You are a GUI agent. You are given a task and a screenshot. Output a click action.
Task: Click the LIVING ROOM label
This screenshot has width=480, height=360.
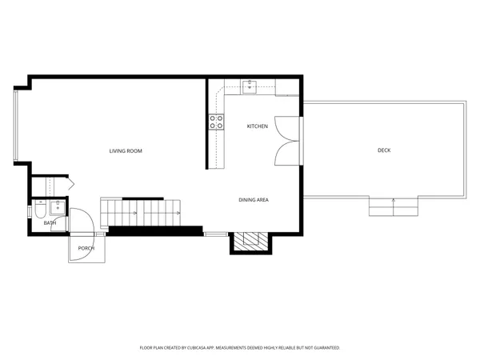click(x=126, y=150)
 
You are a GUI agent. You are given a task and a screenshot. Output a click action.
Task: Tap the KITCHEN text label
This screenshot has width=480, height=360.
click(x=257, y=127)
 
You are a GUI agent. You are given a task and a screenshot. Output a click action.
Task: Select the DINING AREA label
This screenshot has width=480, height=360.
click(x=253, y=199)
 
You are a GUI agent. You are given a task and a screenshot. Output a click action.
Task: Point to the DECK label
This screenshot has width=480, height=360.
click(x=384, y=150)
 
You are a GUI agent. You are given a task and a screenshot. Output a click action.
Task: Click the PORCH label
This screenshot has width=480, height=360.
click(x=86, y=248)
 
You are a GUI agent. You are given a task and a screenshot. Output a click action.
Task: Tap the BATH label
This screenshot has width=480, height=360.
click(x=50, y=223)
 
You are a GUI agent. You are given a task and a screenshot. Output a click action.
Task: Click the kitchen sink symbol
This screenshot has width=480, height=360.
click(x=248, y=87)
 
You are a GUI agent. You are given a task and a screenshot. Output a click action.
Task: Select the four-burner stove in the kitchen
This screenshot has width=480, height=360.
click(x=216, y=122)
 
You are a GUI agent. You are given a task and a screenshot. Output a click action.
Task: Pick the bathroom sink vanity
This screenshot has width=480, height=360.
click(x=57, y=210)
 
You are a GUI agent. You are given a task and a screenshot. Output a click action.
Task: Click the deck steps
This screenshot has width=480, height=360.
click(x=393, y=207)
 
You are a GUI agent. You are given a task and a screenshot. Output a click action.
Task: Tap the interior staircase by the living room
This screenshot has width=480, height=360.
click(x=140, y=213)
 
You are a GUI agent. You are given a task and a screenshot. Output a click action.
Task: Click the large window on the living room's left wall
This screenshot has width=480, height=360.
click(x=14, y=124)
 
